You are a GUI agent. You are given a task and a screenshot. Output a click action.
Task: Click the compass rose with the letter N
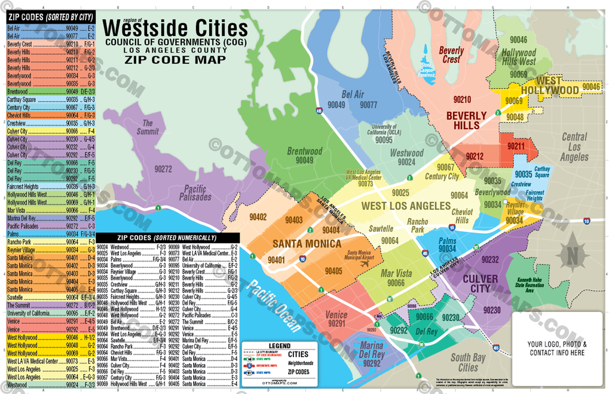tap(573, 256)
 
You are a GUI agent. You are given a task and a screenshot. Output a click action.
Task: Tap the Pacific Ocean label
tap(274, 305)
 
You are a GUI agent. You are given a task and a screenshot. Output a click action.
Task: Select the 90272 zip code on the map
tap(163, 169)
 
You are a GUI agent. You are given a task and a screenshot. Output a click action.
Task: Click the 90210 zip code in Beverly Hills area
tap(462, 99)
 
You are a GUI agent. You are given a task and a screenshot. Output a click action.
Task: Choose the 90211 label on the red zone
tap(516, 145)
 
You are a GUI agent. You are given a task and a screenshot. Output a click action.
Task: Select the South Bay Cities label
tap(468, 362)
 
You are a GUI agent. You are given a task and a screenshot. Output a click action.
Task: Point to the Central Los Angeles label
tap(574, 147)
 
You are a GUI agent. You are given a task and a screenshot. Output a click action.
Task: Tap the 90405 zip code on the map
tap(333, 271)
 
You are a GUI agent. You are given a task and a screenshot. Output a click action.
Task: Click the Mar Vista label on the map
tap(396, 273)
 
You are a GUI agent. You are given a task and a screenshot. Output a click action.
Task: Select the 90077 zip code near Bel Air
tap(368, 105)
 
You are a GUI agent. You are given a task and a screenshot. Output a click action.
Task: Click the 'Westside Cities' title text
tap(175, 28)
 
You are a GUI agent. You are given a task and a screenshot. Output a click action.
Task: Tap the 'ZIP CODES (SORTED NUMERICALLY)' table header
tap(167, 237)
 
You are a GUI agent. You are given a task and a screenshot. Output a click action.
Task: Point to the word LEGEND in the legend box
tap(279, 346)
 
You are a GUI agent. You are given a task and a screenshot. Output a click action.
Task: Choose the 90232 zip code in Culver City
tap(489, 259)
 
